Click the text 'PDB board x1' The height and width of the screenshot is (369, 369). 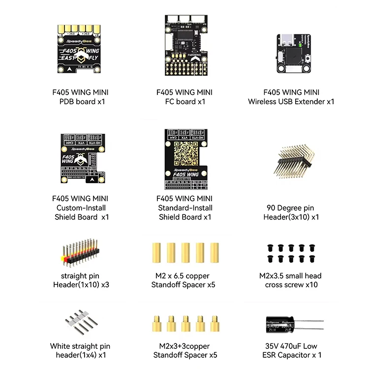[81, 102]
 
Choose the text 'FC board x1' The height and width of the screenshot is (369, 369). [184, 102]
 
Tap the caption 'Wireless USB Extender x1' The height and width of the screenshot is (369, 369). [291, 102]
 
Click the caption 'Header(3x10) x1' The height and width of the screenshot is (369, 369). [291, 217]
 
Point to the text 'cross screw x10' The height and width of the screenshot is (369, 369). [291, 285]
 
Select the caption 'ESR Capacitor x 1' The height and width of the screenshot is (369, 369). [292, 355]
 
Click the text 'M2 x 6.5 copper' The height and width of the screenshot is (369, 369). [184, 276]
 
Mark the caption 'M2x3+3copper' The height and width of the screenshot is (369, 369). [184, 346]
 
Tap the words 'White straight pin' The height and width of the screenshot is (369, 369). [80, 346]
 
